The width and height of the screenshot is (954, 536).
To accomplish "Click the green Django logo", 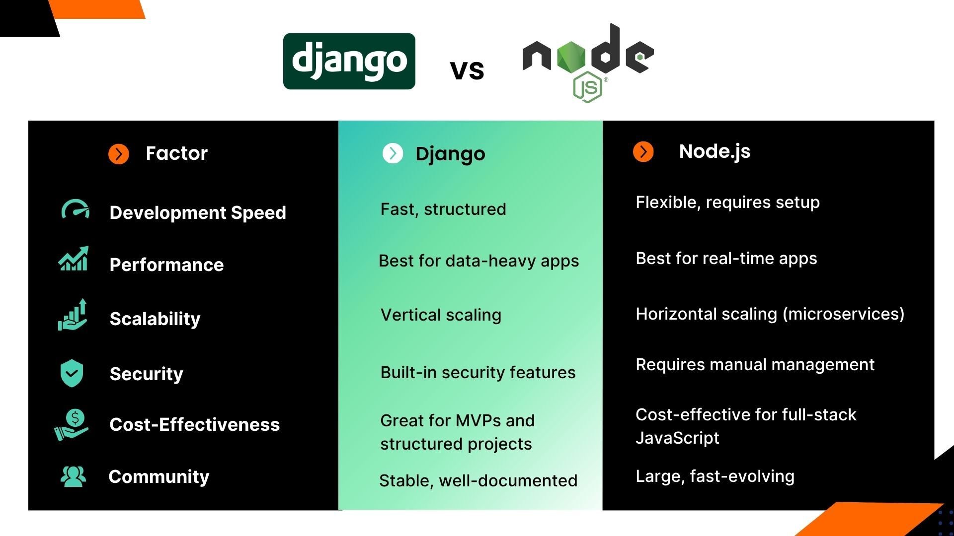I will [x=349, y=61].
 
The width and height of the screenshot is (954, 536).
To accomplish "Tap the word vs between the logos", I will [x=467, y=69].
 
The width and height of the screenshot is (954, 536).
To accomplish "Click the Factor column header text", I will [x=176, y=153].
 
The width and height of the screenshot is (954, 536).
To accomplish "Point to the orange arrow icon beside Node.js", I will [x=643, y=152].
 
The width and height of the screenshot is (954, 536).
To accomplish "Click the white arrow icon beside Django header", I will [x=393, y=153].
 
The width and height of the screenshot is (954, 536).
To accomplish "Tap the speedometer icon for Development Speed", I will [x=75, y=210].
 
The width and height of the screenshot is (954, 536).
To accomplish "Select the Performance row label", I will [x=166, y=265].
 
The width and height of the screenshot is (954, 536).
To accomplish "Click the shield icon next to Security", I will [x=72, y=373].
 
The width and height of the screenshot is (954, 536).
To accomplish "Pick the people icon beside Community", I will [x=73, y=476].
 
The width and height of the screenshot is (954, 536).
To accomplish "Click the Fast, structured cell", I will [x=443, y=209].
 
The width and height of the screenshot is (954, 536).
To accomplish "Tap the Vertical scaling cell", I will [x=441, y=315].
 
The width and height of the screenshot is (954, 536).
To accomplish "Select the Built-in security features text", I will [x=477, y=372].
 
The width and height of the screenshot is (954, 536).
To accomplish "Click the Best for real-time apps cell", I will [x=726, y=259].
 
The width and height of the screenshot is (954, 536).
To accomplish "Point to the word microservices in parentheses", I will [x=843, y=314].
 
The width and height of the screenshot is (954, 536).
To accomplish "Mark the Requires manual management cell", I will [x=755, y=365].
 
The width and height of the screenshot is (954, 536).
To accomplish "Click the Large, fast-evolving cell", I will [x=715, y=476].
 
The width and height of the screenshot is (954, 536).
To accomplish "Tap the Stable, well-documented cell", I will [x=478, y=480].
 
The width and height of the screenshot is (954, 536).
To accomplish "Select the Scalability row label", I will [x=155, y=319].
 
